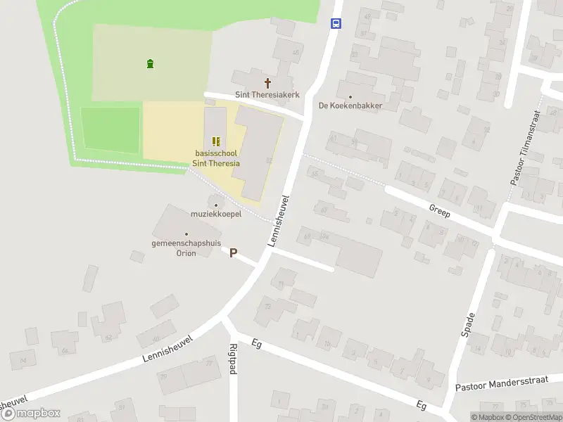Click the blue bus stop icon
(336, 23)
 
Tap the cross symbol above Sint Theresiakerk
(267, 82)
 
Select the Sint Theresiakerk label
(267, 94)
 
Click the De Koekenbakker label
(350, 106)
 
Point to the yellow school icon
(216, 141)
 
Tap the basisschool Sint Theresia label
(216, 158)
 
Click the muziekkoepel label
(216, 214)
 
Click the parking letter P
(233, 252)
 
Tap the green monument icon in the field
(150, 64)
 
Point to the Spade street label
(469, 324)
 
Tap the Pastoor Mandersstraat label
(501, 385)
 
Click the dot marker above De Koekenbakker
(350, 96)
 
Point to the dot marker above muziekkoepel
(216, 205)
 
